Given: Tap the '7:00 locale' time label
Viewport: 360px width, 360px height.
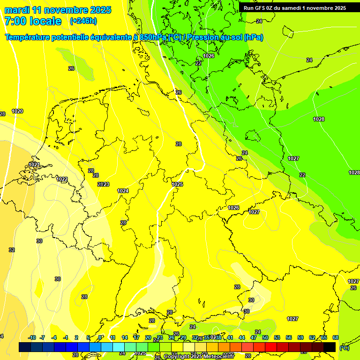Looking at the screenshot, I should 32,21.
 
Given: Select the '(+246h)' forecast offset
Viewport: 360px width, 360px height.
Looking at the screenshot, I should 83,21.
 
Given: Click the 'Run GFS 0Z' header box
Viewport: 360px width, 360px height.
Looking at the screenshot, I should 295,8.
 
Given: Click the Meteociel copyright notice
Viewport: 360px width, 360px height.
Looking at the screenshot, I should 199,357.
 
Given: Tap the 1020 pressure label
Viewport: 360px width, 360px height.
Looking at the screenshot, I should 17,111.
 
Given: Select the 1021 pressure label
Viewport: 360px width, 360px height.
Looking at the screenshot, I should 34,165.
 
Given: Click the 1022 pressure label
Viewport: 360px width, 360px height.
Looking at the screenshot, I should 62,179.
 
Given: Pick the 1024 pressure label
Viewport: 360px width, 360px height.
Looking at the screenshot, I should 123,191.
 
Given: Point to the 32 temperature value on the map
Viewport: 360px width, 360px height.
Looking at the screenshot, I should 12,250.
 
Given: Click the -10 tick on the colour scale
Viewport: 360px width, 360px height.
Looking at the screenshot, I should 32,337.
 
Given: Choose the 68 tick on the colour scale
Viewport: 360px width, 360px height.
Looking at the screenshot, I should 336,337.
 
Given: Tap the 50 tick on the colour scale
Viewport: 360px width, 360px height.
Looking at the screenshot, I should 265,337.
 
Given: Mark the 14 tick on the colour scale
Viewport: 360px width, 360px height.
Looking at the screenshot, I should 125,337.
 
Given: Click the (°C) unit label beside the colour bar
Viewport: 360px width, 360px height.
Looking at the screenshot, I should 345,348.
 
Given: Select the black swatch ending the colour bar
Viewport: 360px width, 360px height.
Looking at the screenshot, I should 330,347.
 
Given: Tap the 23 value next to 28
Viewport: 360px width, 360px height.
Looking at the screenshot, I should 106,184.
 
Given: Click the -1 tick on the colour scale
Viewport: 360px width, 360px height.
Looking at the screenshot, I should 66,337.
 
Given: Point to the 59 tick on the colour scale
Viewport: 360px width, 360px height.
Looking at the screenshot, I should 300,337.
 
